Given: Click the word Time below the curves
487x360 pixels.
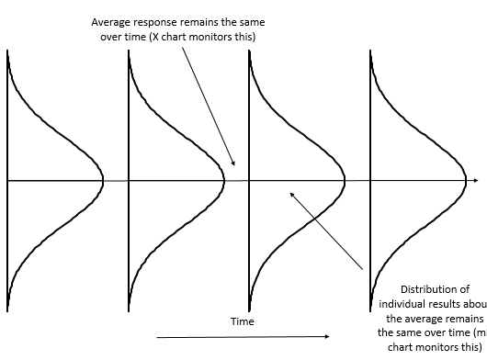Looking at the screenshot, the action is click(243, 321).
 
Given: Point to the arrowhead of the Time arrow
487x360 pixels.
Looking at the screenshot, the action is click(326, 337).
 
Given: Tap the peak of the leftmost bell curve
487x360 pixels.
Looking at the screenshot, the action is click(103, 181).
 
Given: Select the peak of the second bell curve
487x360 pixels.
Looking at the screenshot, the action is click(224, 181).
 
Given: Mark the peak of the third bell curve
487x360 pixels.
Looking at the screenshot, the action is click(345, 181).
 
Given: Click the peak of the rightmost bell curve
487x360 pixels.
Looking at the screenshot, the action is click(466, 181).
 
